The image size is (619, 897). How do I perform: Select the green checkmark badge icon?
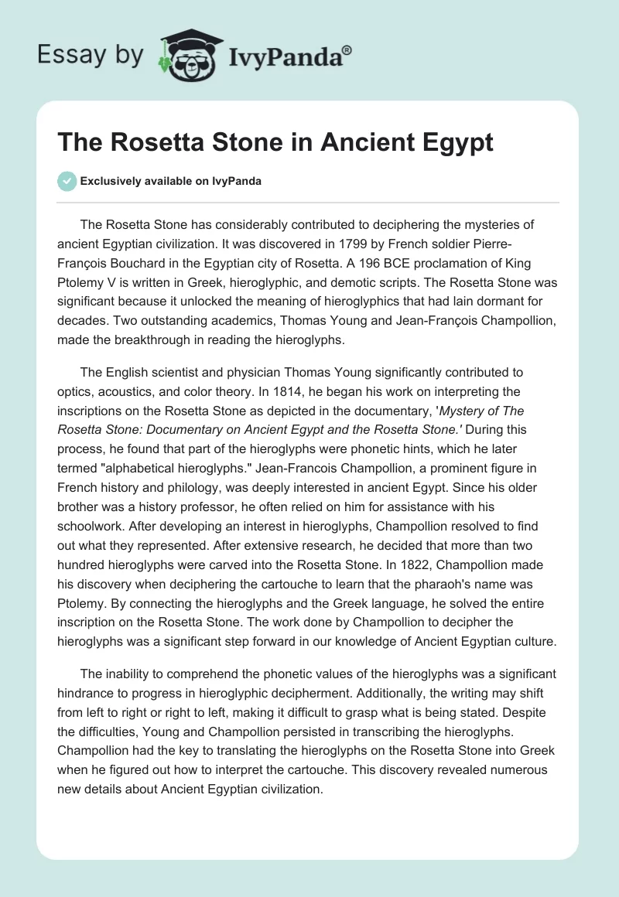[x=67, y=181]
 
